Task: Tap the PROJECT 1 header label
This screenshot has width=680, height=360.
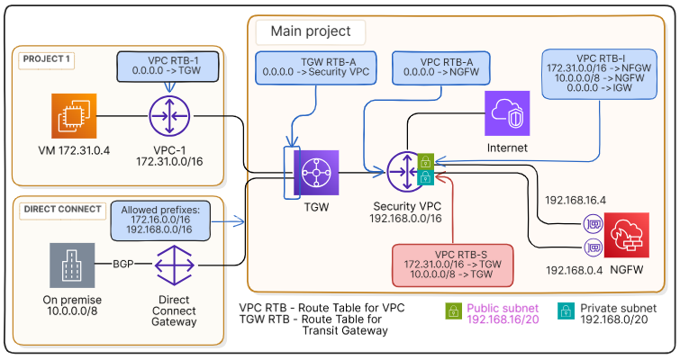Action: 46,60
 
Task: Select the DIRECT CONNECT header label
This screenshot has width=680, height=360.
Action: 61,210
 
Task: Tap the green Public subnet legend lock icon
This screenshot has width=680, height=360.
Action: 454,310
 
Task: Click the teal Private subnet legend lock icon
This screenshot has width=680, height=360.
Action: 565,310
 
